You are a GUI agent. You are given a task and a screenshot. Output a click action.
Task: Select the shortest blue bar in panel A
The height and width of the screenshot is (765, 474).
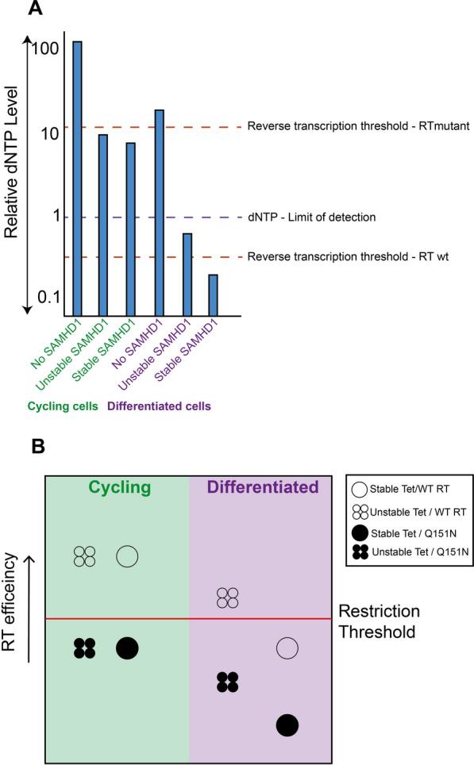point(212,294)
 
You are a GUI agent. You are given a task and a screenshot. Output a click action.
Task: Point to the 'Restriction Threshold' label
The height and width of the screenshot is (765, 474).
point(379,622)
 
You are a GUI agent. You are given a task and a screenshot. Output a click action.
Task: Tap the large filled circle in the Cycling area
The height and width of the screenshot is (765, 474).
point(127,648)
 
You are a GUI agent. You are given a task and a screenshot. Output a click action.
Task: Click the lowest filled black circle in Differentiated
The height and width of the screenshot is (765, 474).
point(287,725)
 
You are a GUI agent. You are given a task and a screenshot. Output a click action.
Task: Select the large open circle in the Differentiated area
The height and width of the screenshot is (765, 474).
point(287,648)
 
